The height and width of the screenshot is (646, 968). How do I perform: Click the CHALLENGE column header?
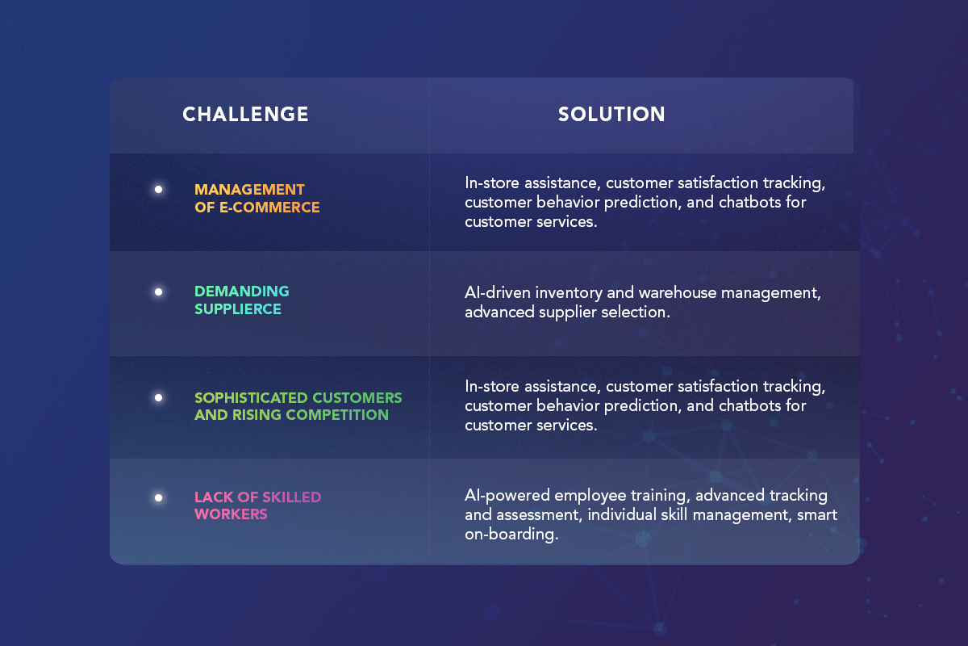click(245, 115)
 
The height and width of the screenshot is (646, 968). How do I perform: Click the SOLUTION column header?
click(611, 115)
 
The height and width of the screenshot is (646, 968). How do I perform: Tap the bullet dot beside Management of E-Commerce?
click(159, 190)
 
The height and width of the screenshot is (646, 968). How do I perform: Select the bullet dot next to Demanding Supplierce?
click(159, 292)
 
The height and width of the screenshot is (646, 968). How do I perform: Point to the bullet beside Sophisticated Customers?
click(159, 397)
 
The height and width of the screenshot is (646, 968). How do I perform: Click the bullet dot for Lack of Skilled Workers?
click(159, 498)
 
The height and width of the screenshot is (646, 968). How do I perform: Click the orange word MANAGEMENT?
click(250, 190)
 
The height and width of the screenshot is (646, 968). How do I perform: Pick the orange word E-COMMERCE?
click(269, 208)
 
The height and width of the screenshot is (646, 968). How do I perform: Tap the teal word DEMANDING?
click(242, 292)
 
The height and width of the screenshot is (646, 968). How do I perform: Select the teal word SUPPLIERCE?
click(238, 309)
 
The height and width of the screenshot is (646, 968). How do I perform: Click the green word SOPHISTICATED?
click(252, 398)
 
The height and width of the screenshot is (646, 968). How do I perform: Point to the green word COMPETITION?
click(337, 415)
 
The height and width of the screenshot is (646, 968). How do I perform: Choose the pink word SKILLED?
click(292, 497)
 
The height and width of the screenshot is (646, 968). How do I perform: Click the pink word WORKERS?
click(232, 514)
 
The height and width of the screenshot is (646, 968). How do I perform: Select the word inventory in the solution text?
click(569, 294)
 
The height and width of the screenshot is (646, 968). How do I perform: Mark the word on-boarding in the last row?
click(511, 535)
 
